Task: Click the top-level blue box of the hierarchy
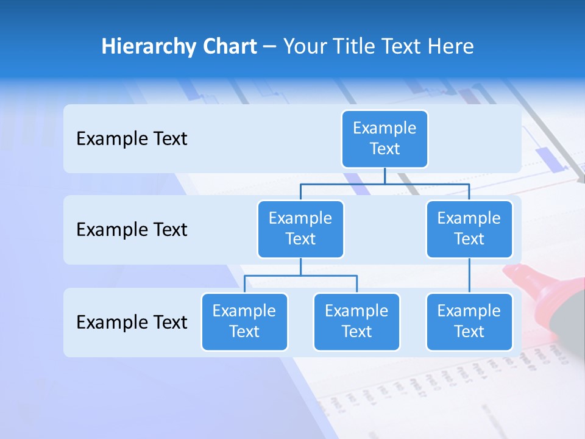point(385,138)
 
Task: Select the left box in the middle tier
point(300,229)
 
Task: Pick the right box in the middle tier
point(469,229)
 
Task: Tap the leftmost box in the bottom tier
point(244,321)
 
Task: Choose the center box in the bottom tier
point(356,321)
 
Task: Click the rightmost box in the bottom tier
point(469,321)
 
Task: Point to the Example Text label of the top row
point(132,139)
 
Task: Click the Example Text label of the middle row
point(132,230)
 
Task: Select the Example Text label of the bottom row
point(132,322)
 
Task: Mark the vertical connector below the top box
point(385,176)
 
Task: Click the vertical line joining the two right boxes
point(469,276)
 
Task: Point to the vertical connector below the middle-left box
point(300,266)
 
